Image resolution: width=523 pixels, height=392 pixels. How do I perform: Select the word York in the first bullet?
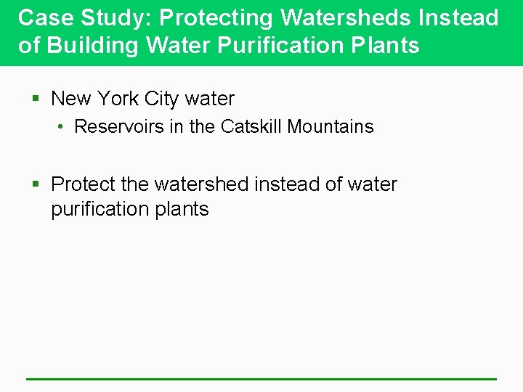coord(118,98)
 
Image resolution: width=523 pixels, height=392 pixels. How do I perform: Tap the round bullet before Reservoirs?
coord(63,127)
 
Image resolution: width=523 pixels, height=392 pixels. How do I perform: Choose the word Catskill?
coord(251,126)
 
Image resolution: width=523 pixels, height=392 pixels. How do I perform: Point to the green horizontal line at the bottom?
coord(261,379)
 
